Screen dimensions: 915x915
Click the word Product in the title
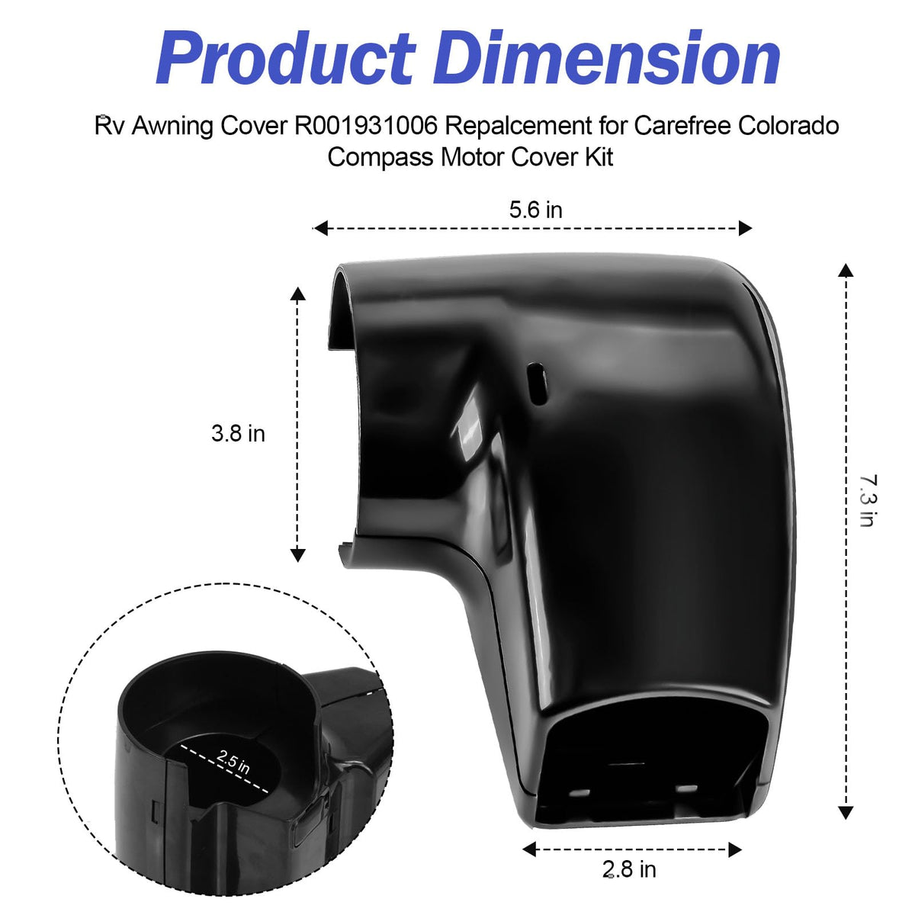coord(287,59)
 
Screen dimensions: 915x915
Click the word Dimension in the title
coord(606,58)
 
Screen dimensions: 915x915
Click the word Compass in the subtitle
coord(380,157)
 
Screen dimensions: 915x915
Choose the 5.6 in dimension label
coord(535,210)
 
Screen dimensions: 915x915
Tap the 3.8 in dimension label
coord(238,434)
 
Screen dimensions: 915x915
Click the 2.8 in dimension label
coord(629,869)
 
